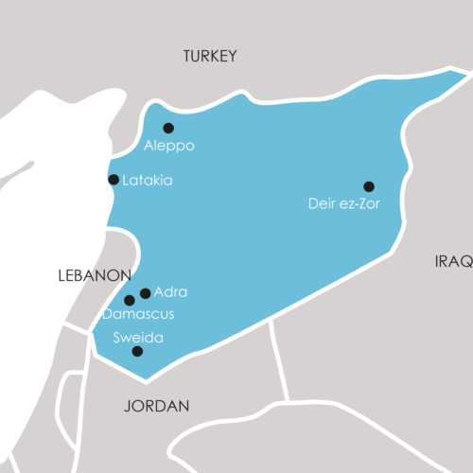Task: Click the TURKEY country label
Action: click(x=210, y=56)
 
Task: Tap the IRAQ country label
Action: click(x=453, y=261)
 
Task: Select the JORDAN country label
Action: click(x=157, y=406)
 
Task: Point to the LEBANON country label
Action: click(x=95, y=275)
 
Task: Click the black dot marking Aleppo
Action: click(x=168, y=128)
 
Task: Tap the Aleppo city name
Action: click(x=168, y=147)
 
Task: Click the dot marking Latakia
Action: click(x=114, y=180)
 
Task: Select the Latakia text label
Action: click(x=148, y=180)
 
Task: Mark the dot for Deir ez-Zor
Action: click(x=369, y=186)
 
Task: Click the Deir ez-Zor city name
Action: click(x=344, y=203)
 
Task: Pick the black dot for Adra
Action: click(x=145, y=293)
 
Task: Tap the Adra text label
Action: click(x=170, y=292)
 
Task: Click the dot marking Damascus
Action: click(x=130, y=301)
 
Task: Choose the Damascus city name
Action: click(x=138, y=314)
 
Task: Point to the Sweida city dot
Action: click(x=137, y=351)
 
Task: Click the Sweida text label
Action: click(x=138, y=338)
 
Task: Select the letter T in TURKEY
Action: click(x=187, y=56)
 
